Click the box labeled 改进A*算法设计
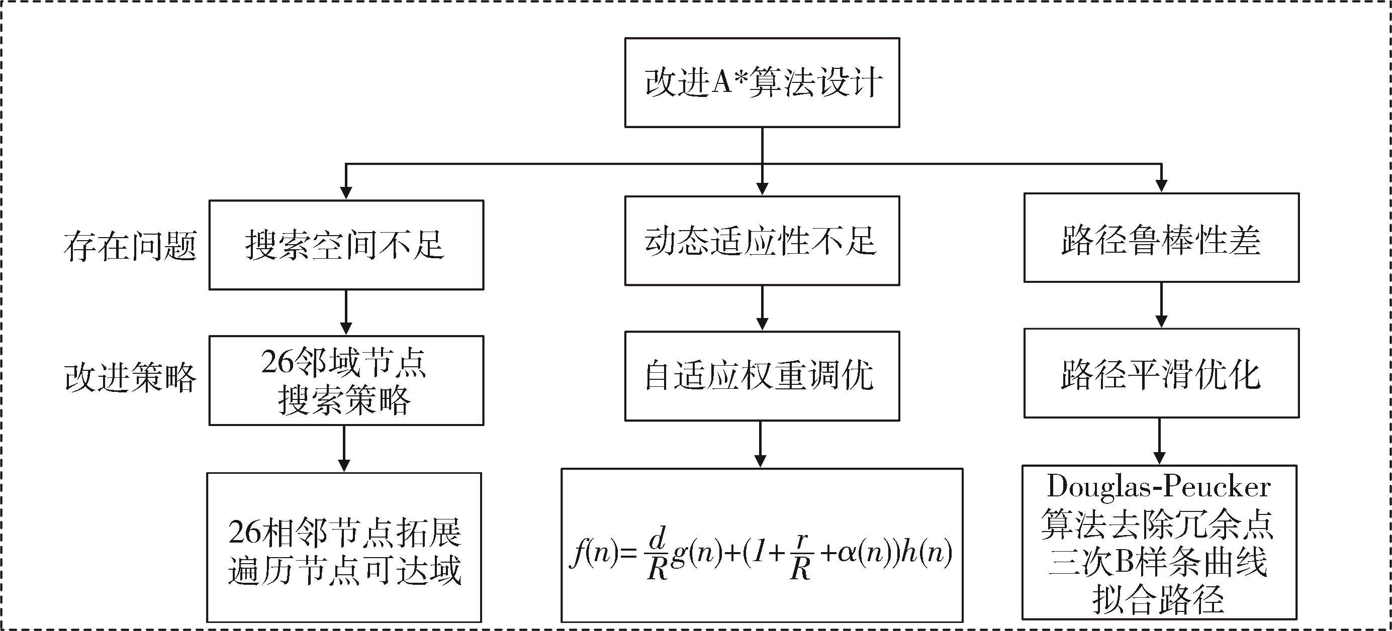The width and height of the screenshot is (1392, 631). (762, 83)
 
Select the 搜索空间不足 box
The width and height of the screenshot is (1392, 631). (346, 245)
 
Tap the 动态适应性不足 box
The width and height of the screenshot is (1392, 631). (762, 241)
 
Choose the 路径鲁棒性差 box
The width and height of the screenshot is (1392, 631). (1161, 238)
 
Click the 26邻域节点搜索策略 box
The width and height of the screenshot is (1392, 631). (346, 380)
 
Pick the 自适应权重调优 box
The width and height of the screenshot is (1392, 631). (762, 376)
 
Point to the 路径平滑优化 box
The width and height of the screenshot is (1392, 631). (1161, 373)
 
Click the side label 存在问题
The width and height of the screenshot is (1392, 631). (130, 246)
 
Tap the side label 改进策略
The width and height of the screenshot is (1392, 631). (130, 377)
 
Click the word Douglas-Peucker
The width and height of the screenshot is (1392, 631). (1159, 487)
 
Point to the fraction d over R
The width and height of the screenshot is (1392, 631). (657, 553)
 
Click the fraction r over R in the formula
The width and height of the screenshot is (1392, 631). (800, 553)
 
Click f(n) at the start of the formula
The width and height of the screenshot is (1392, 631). (593, 553)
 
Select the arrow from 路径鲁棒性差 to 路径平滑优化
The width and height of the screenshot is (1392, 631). (1161, 305)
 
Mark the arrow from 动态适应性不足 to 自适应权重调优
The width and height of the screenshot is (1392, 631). (762, 308)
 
